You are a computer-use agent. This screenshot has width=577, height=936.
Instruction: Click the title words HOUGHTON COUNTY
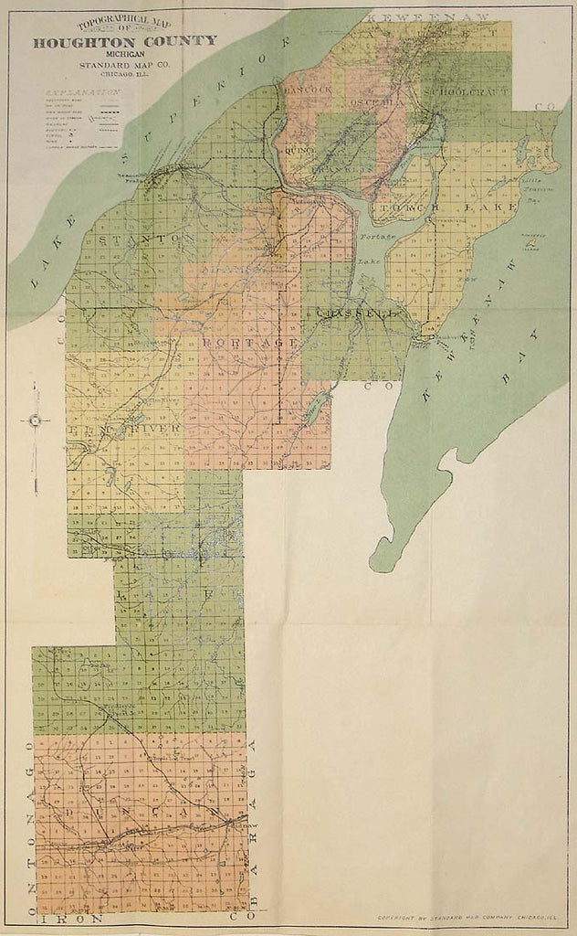(x=126, y=40)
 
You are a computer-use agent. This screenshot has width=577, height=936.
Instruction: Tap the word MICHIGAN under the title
(x=126, y=55)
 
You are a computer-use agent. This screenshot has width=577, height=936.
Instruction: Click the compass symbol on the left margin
(x=35, y=420)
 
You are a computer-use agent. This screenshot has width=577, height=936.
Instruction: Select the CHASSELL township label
(x=358, y=313)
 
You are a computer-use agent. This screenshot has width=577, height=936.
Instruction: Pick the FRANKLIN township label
(x=338, y=169)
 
